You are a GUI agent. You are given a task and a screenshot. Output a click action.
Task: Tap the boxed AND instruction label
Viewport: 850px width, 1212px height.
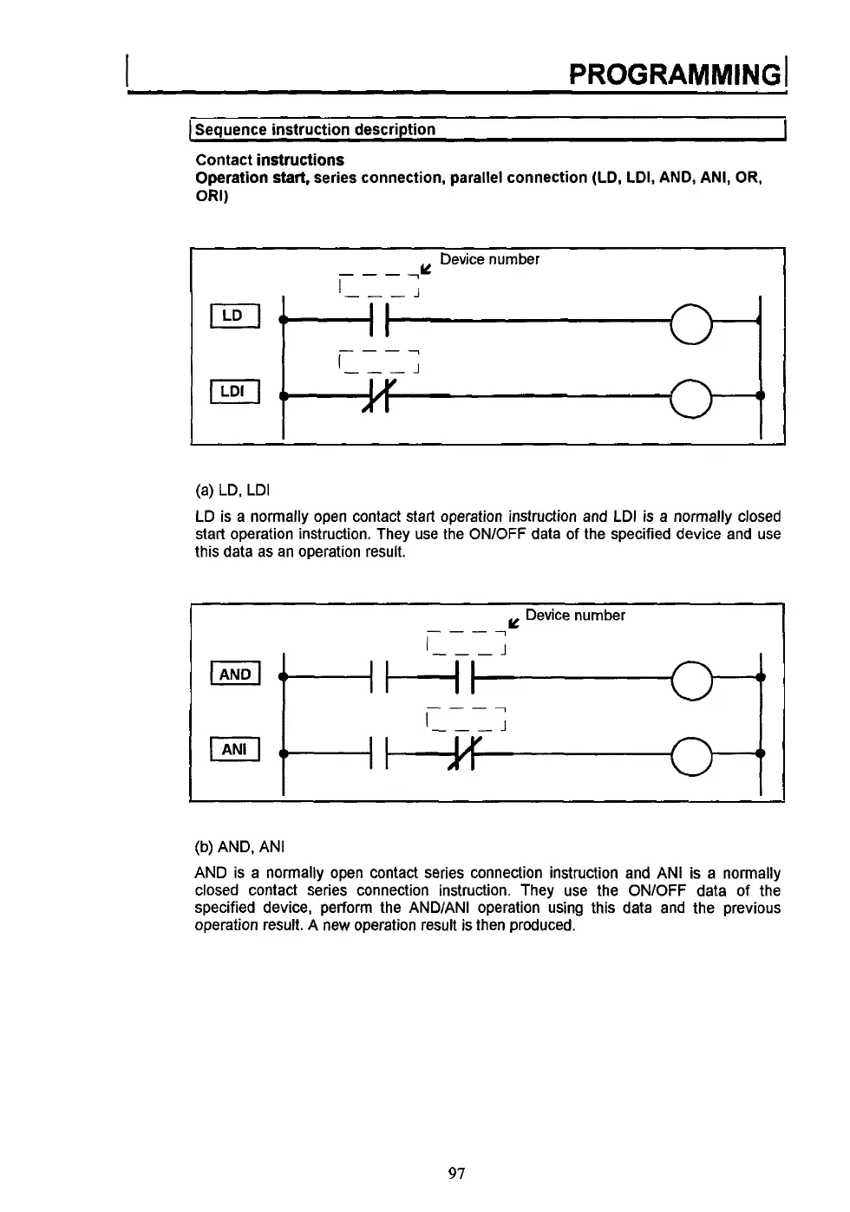235,674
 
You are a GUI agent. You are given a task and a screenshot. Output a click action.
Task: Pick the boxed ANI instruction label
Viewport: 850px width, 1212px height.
235,749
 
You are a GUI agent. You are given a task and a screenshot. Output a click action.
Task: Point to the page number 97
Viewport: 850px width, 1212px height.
457,1173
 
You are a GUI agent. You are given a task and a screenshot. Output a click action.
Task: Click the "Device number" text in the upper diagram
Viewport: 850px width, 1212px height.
489,259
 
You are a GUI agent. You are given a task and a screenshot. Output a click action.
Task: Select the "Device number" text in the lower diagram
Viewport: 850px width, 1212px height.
575,616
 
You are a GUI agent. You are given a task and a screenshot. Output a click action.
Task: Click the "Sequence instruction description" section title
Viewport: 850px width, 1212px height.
316,130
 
